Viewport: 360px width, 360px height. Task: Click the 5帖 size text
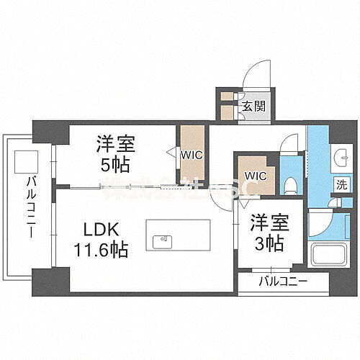click(x=114, y=164)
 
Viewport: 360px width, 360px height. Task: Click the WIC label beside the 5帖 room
click(x=192, y=153)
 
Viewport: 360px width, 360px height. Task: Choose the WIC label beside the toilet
click(x=256, y=175)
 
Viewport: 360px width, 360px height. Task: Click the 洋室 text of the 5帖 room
click(x=114, y=145)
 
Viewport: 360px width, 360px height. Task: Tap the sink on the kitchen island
click(x=165, y=238)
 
